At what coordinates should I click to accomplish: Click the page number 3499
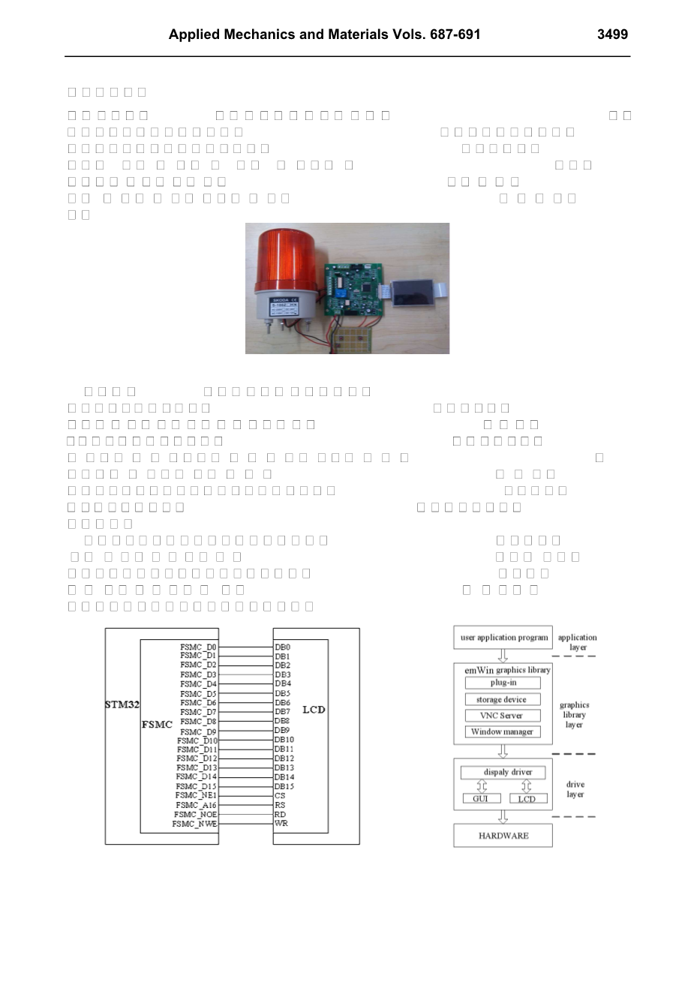612,35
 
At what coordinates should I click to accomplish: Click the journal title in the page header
324,35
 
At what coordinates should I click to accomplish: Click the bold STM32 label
122,705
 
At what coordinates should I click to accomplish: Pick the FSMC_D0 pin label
198,647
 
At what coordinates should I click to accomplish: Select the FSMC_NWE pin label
194,824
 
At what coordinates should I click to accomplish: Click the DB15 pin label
284,786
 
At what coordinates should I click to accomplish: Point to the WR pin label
281,824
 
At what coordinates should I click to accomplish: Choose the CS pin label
280,796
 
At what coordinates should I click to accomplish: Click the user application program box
503,638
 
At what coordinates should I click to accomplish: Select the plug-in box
503,683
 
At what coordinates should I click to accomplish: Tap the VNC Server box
503,716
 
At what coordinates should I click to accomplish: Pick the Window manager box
503,732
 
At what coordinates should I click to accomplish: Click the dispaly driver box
503,772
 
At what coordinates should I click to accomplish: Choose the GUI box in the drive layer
481,799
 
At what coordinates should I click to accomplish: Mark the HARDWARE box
503,836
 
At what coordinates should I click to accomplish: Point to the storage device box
503,699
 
